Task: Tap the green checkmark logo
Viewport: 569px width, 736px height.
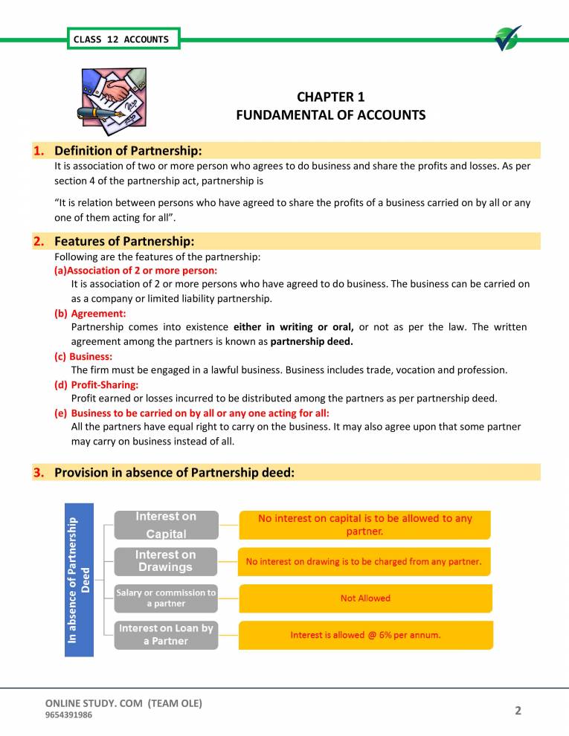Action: pyautogui.click(x=508, y=39)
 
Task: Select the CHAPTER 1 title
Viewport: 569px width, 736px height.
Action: pyautogui.click(x=330, y=97)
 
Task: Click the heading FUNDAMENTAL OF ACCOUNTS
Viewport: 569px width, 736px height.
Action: pyautogui.click(x=330, y=115)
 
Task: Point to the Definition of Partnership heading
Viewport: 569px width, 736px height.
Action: pyautogui.click(x=128, y=151)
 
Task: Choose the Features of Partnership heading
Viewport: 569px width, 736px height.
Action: pyautogui.click(x=124, y=242)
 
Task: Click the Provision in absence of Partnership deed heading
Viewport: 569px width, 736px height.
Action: pyautogui.click(x=175, y=472)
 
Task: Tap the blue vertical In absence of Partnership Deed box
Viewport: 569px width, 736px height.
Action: pyautogui.click(x=80, y=580)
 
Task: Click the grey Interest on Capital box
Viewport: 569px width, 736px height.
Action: pyautogui.click(x=166, y=525)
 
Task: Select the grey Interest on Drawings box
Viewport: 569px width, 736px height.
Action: pyautogui.click(x=166, y=561)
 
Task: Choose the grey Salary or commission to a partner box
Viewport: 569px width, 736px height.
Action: pyautogui.click(x=166, y=598)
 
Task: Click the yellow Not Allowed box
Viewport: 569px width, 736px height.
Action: pyautogui.click(x=364, y=598)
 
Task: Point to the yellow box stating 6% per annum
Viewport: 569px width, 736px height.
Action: pyautogui.click(x=364, y=635)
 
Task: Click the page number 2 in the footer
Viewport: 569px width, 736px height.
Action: pyautogui.click(x=518, y=711)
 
